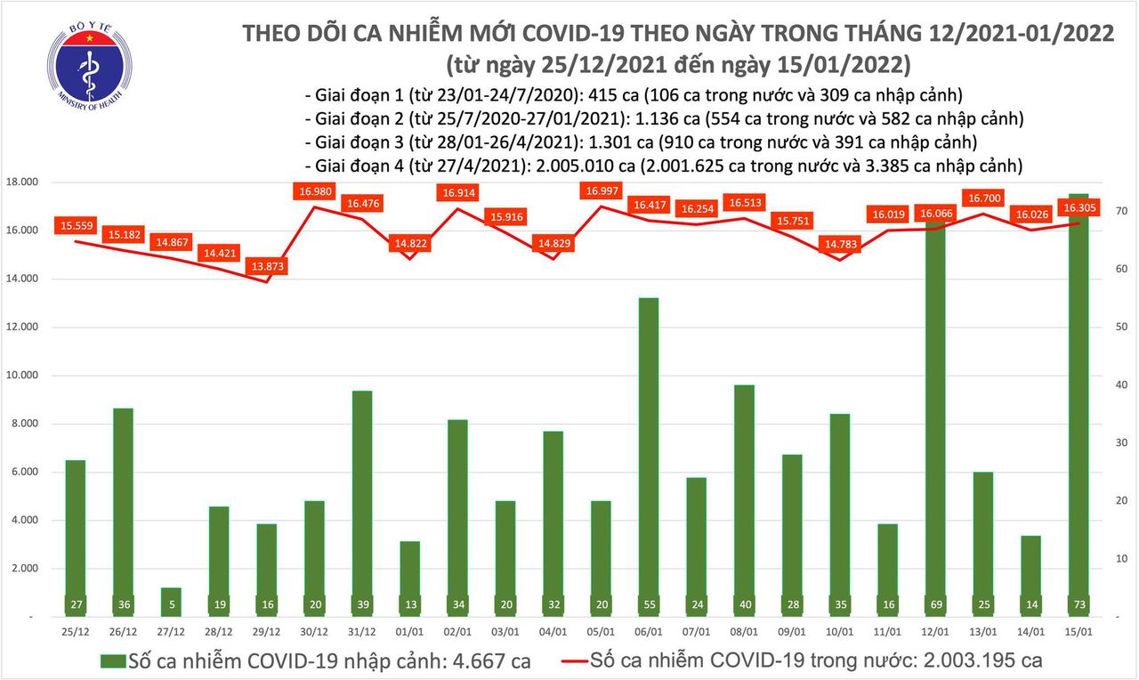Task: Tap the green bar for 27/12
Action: [x=171, y=602]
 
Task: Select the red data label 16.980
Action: [x=316, y=190]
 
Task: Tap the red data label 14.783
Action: [x=841, y=244]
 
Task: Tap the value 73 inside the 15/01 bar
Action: [x=1078, y=604]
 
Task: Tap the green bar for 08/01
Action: [x=743, y=498]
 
